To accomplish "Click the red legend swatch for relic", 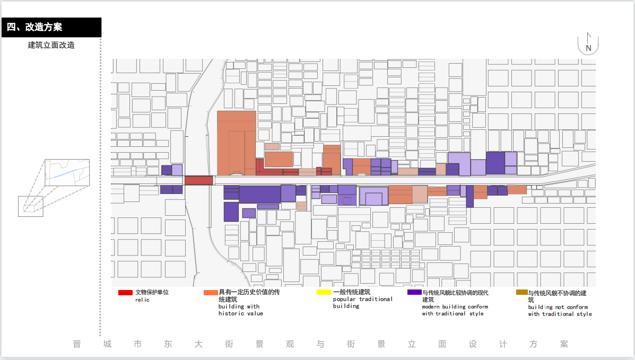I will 125,293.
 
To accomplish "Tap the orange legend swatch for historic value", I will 211,293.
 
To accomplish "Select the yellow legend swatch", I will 324,292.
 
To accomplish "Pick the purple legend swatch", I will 414,292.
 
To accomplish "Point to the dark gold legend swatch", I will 522,292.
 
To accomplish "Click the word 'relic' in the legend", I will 142,300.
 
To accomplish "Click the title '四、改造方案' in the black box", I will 35,28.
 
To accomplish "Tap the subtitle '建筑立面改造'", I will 51,45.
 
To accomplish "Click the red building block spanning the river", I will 198,180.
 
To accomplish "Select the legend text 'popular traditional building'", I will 363,302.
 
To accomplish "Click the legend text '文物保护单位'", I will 152,292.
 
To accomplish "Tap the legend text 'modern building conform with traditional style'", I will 455,310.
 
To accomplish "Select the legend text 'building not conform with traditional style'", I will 560,310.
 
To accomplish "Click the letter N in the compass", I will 588,48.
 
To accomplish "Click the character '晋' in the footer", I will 77,344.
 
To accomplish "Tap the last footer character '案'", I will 564,344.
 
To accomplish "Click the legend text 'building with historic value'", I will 240,310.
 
